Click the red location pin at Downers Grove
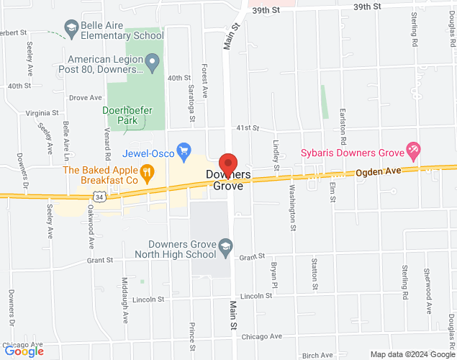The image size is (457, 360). (228, 164)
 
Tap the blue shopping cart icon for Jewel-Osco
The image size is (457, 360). (184, 150)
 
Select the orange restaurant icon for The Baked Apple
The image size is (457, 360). (147, 171)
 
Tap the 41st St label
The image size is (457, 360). (249, 127)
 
